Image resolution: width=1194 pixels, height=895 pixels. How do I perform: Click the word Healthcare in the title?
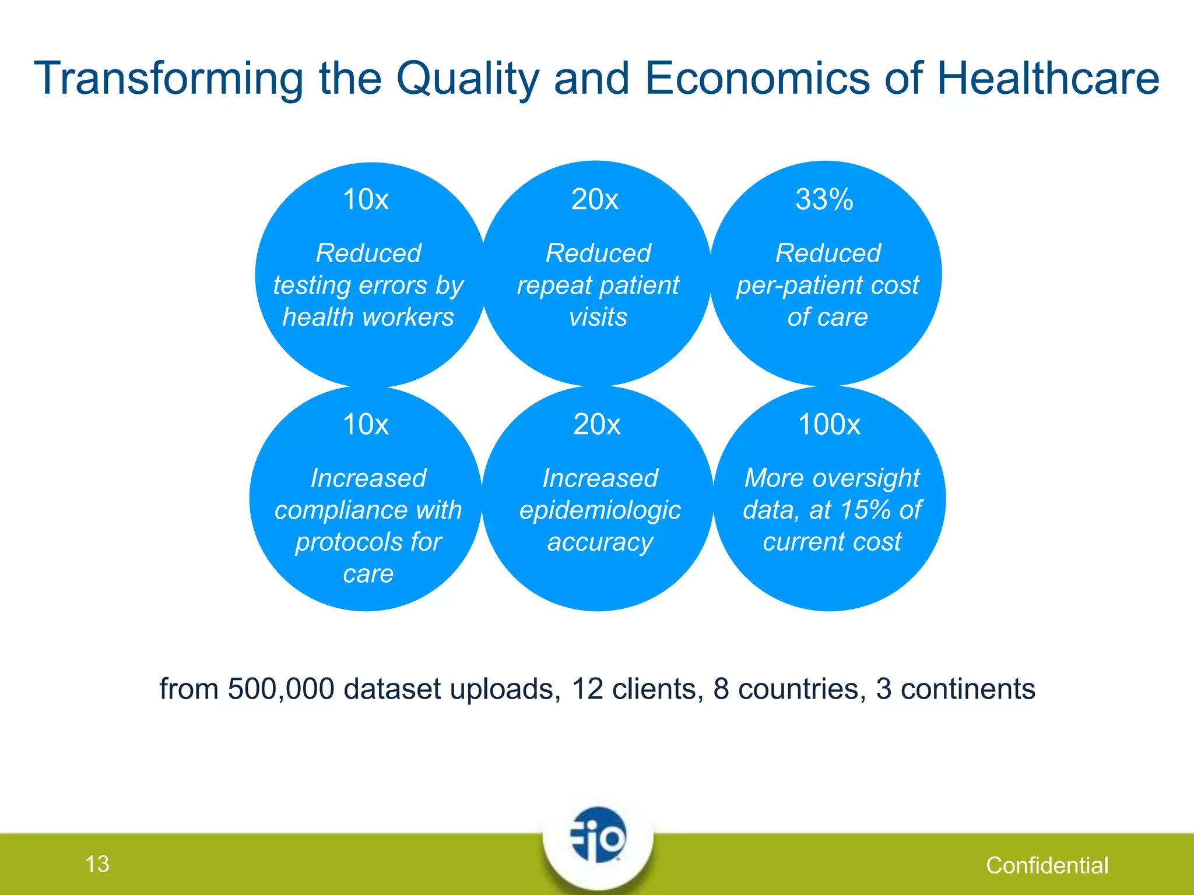point(1048,79)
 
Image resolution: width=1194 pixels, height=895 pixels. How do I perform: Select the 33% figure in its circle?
point(824,200)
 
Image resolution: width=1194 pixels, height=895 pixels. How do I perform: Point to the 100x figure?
point(828,425)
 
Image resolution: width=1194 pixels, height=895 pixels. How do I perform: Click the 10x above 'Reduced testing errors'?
point(366,200)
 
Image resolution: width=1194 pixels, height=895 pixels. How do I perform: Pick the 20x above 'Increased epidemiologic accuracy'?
point(596,425)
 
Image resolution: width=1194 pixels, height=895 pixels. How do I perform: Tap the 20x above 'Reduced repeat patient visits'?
point(595,200)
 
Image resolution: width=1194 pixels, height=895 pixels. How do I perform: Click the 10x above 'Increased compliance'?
point(366,425)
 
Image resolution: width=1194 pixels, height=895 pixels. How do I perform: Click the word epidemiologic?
point(600,510)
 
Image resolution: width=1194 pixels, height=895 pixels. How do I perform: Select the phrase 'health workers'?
point(368,318)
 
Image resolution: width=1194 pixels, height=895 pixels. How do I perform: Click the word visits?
point(598,318)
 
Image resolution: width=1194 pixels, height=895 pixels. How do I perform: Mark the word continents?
point(968,689)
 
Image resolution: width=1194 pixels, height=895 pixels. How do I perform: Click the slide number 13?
point(97,864)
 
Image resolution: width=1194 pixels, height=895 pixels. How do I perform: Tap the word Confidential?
point(1047,866)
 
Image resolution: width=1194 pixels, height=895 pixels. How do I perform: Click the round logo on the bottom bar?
point(598,836)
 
